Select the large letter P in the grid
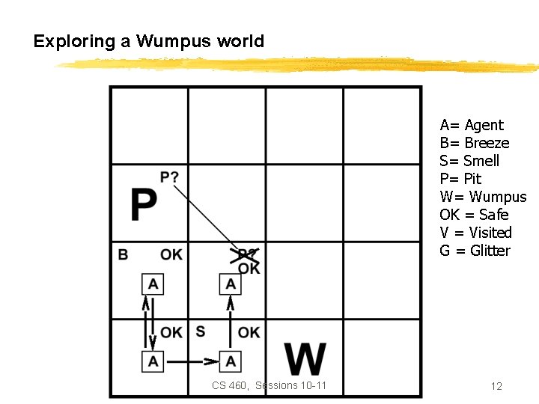point(144,204)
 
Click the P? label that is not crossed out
point(170,177)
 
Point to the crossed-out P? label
point(247,254)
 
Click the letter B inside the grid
point(123,255)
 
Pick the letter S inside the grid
point(200,331)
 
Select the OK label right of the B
point(171,255)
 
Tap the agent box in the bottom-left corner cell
point(153,361)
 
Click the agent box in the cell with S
point(231,361)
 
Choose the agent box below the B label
point(153,284)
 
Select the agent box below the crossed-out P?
point(231,284)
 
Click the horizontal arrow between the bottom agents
point(192,361)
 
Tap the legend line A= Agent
point(472,125)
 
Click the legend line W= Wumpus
point(483,197)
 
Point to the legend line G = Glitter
point(475,251)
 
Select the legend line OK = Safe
point(474,215)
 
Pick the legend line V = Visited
point(475,233)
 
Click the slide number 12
point(496,386)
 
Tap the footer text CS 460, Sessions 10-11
point(269,385)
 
